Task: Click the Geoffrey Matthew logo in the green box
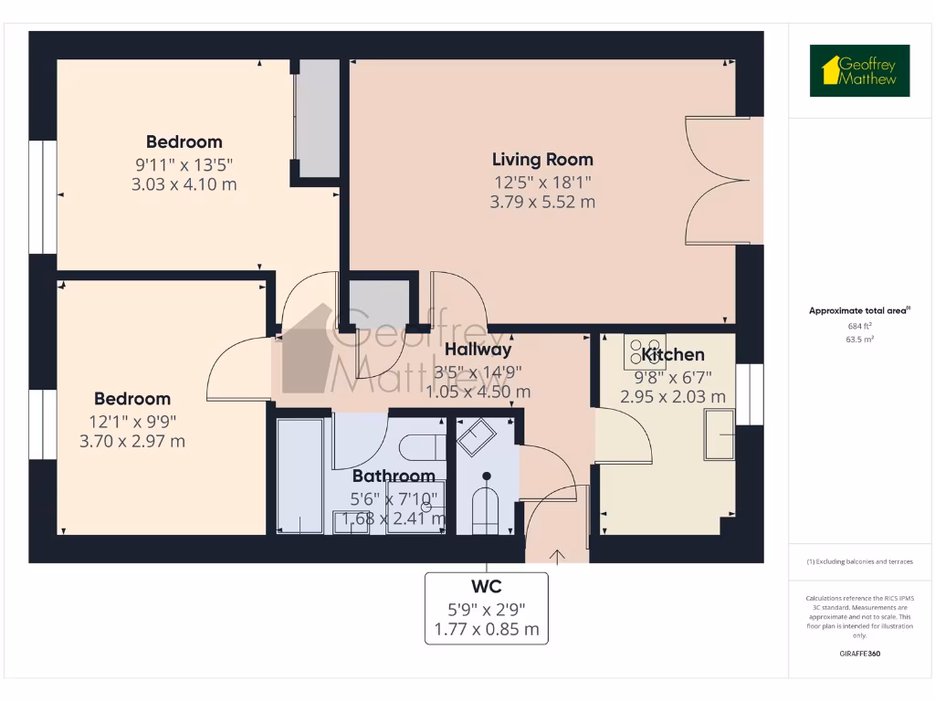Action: pos(859,71)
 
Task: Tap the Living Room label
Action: pos(542,160)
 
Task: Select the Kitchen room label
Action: pos(673,355)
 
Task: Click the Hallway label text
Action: pos(478,349)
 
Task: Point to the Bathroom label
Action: pos(394,476)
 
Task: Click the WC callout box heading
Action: pos(486,586)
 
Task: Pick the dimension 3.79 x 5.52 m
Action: pos(542,202)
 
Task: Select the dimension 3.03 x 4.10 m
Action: pos(184,184)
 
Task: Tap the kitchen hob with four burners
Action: pos(639,351)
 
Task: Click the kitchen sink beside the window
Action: pos(719,434)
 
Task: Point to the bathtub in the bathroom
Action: pos(299,475)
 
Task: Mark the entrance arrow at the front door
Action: pos(556,552)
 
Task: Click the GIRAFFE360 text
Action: pos(859,654)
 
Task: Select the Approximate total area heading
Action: pos(858,311)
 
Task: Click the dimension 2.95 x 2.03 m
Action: pos(673,397)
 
